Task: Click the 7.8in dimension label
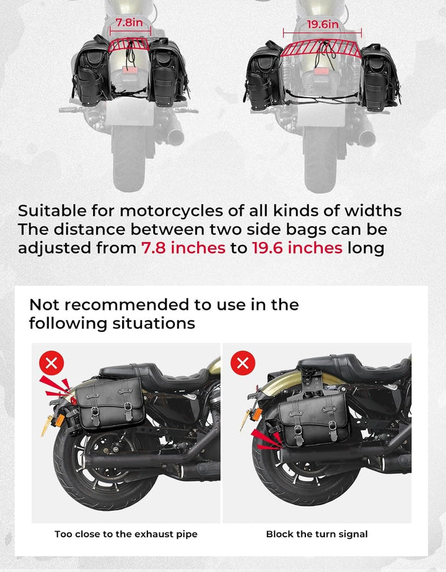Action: (129, 23)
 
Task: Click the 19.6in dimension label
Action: (323, 24)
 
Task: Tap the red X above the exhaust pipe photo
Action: (51, 363)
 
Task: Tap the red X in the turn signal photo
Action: (243, 363)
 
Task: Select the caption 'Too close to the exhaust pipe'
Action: (126, 534)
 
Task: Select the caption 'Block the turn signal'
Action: (317, 534)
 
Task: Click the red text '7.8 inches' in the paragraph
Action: (183, 248)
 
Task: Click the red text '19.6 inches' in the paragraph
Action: (297, 248)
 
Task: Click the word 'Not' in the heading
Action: (44, 305)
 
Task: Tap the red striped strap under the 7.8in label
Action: (129, 45)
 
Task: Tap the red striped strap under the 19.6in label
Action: (321, 48)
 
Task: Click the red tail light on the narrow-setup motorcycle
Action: (129, 71)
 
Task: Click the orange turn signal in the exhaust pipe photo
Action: (59, 420)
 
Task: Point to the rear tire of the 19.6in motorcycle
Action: (320, 158)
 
